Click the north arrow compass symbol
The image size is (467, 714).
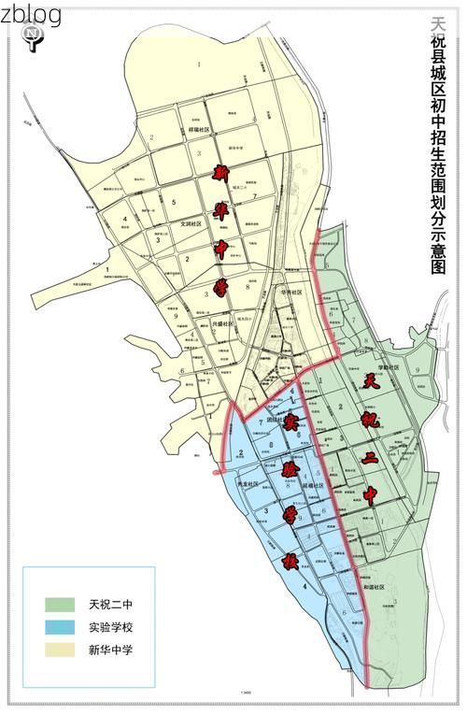(33, 37)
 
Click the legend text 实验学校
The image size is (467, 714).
(111, 626)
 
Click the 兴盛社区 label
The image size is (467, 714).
(226, 323)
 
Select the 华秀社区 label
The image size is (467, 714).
(292, 292)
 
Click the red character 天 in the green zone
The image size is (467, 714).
(371, 380)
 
